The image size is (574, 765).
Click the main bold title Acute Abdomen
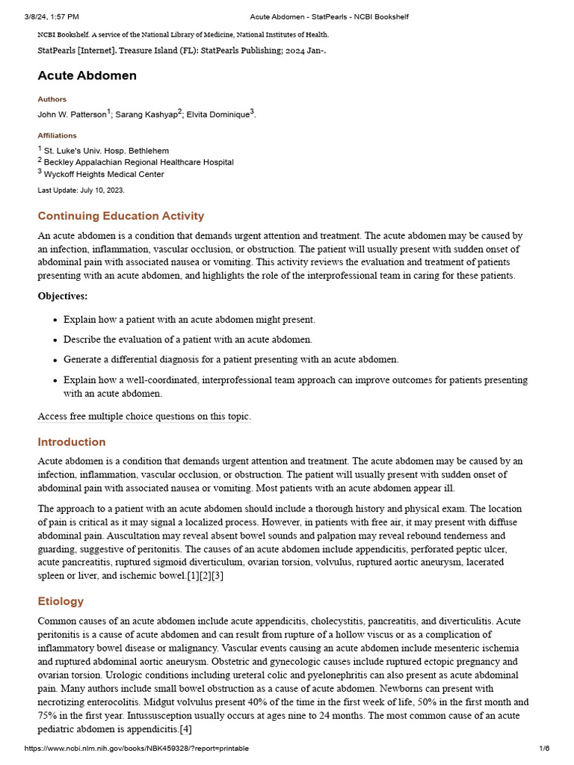87,75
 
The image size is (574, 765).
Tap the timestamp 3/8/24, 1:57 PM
52,16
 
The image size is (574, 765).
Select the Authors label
52,99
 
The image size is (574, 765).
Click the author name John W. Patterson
72,114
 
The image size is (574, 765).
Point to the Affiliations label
58,136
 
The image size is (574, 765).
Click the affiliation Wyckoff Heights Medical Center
104,174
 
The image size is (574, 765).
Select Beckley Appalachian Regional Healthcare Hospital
138,162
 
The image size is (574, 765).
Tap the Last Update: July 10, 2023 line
81,191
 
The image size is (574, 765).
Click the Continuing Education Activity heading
121,216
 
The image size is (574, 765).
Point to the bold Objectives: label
63,296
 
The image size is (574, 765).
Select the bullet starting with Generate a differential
231,359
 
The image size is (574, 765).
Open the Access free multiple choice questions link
144,416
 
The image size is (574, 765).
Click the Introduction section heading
72,442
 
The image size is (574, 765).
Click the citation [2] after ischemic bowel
206,576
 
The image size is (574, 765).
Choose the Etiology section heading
61,601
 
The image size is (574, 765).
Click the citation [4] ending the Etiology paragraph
185,729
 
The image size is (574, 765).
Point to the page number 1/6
543,749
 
